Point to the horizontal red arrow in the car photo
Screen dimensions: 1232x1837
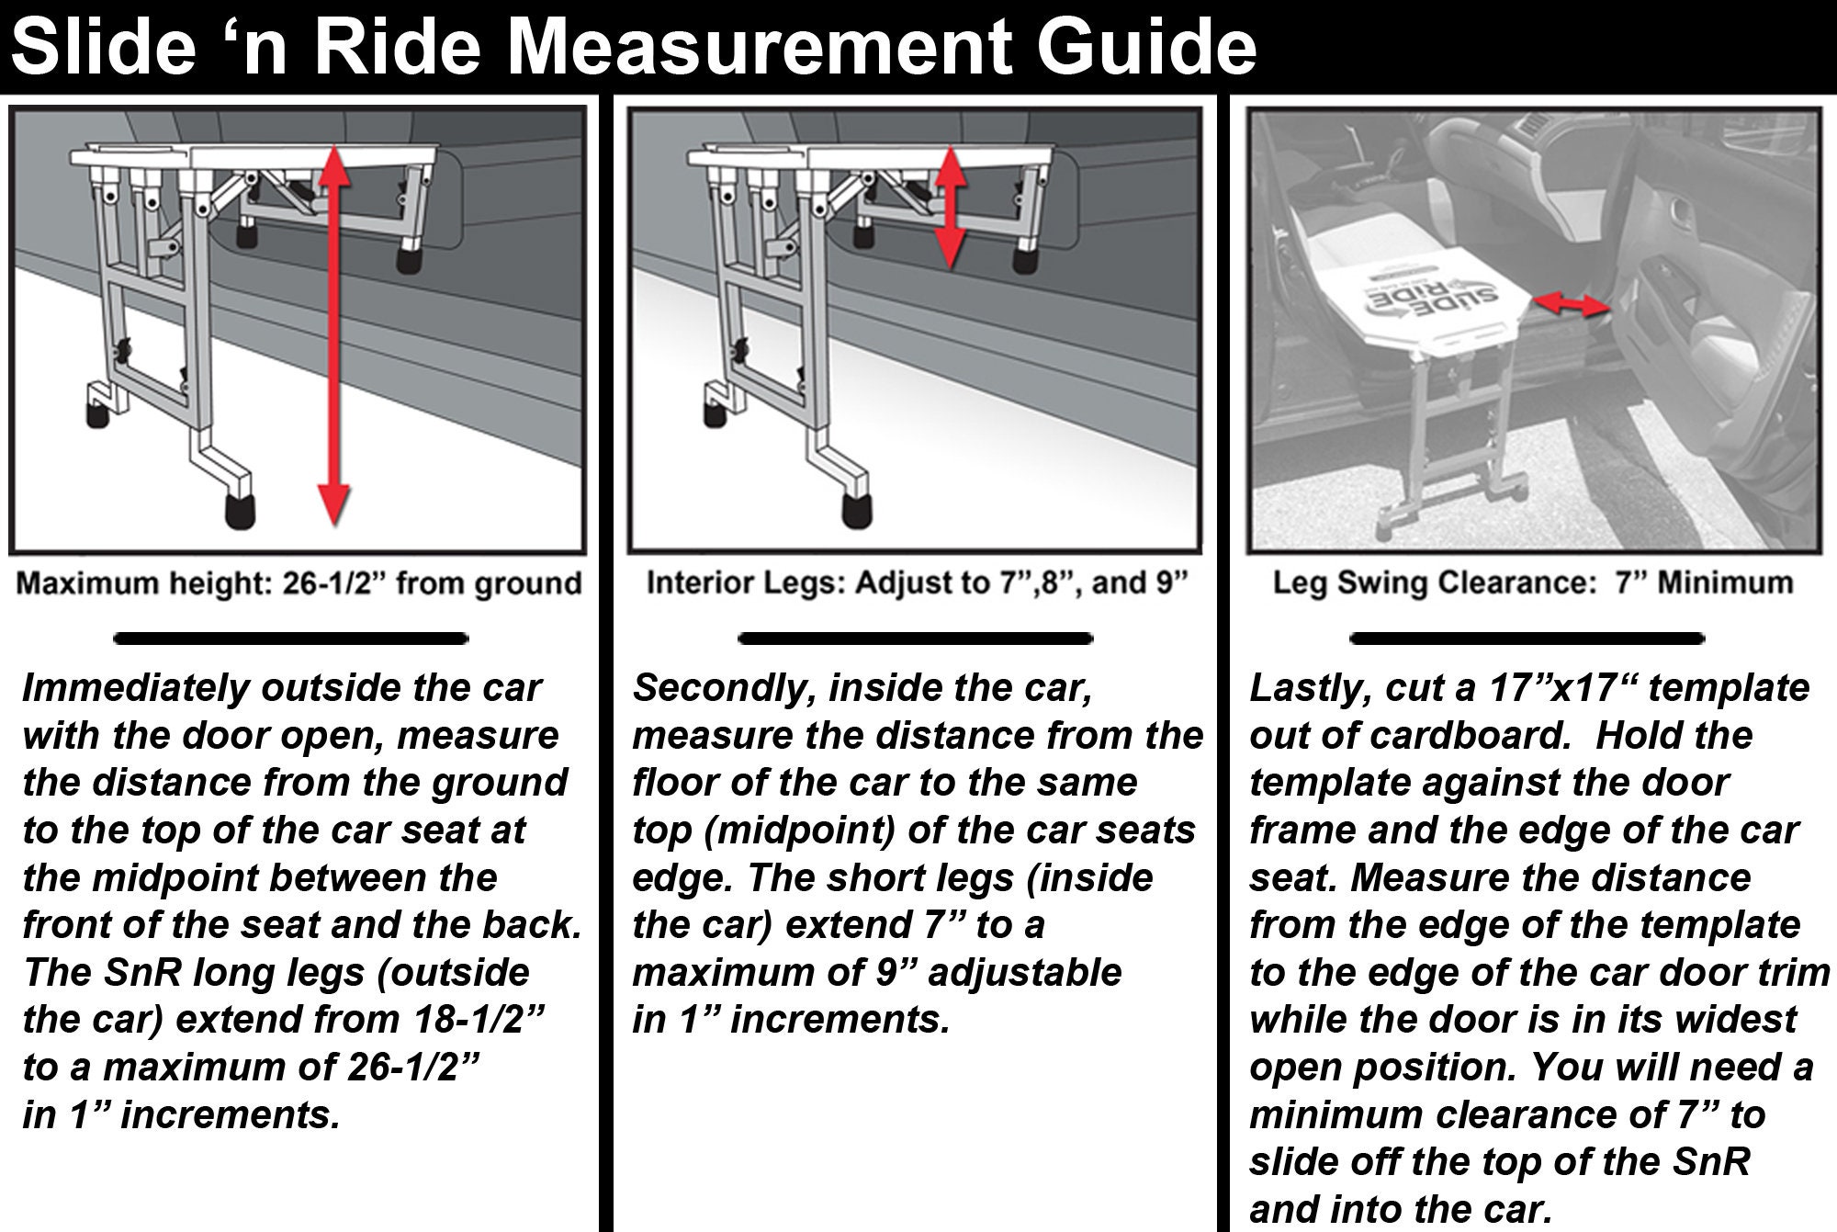tap(1572, 306)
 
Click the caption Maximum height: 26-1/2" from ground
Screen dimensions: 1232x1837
tap(299, 583)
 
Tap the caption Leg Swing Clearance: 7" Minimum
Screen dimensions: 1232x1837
tap(1532, 583)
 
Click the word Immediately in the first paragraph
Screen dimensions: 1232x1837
tap(136, 688)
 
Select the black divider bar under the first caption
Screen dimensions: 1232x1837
tap(290, 638)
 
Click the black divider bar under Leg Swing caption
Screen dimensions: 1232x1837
tap(1527, 638)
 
